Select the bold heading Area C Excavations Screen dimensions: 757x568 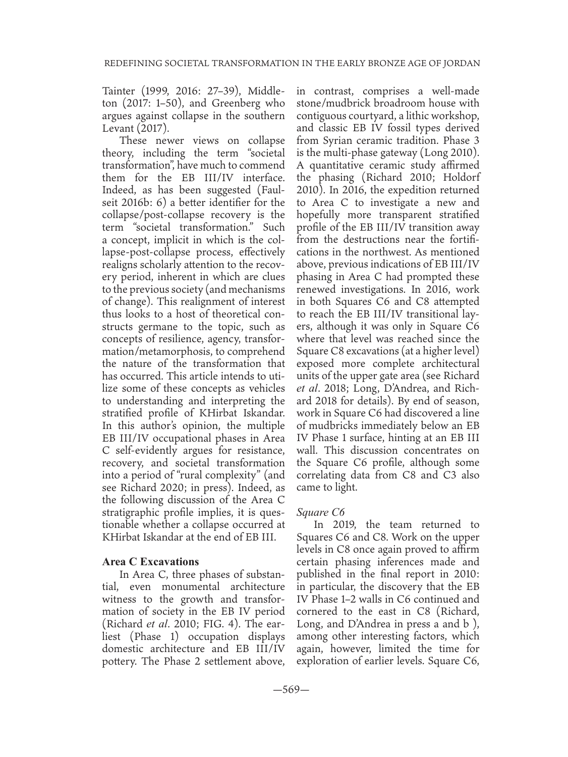pos(150,562)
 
